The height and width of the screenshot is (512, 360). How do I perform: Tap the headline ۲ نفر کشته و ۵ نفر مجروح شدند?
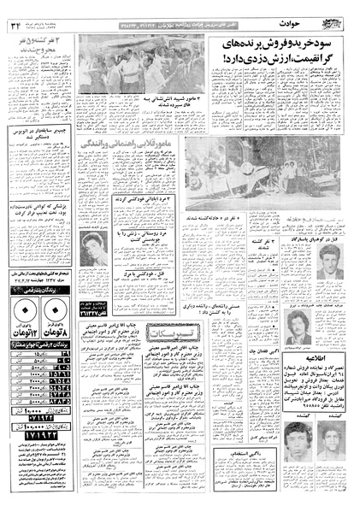pyautogui.click(x=39, y=44)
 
